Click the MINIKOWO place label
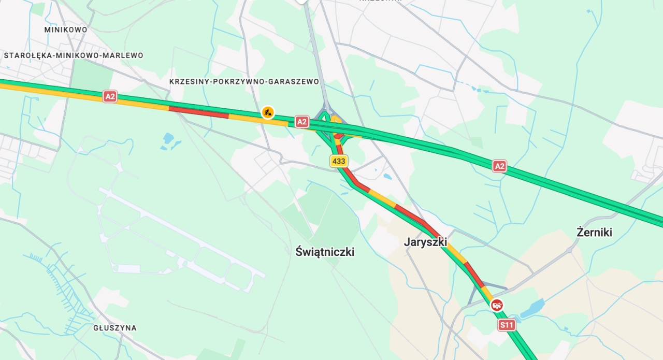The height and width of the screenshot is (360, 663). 66,30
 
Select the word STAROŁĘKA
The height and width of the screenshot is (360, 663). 25,55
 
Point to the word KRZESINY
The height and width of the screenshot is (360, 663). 189,82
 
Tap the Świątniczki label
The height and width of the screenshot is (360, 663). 325,252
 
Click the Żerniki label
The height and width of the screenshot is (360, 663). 594,232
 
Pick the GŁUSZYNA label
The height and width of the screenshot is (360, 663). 115,328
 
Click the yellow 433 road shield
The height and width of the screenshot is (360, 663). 339,161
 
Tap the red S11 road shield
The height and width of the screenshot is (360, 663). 507,325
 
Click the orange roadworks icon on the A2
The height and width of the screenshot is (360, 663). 268,112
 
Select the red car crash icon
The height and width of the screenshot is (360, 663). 497,305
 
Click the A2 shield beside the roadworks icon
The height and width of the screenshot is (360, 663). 302,122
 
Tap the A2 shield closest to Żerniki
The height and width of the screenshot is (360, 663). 499,166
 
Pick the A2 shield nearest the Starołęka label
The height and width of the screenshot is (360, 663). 110,96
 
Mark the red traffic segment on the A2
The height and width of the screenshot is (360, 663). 198,111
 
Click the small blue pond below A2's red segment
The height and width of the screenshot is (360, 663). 168,139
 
